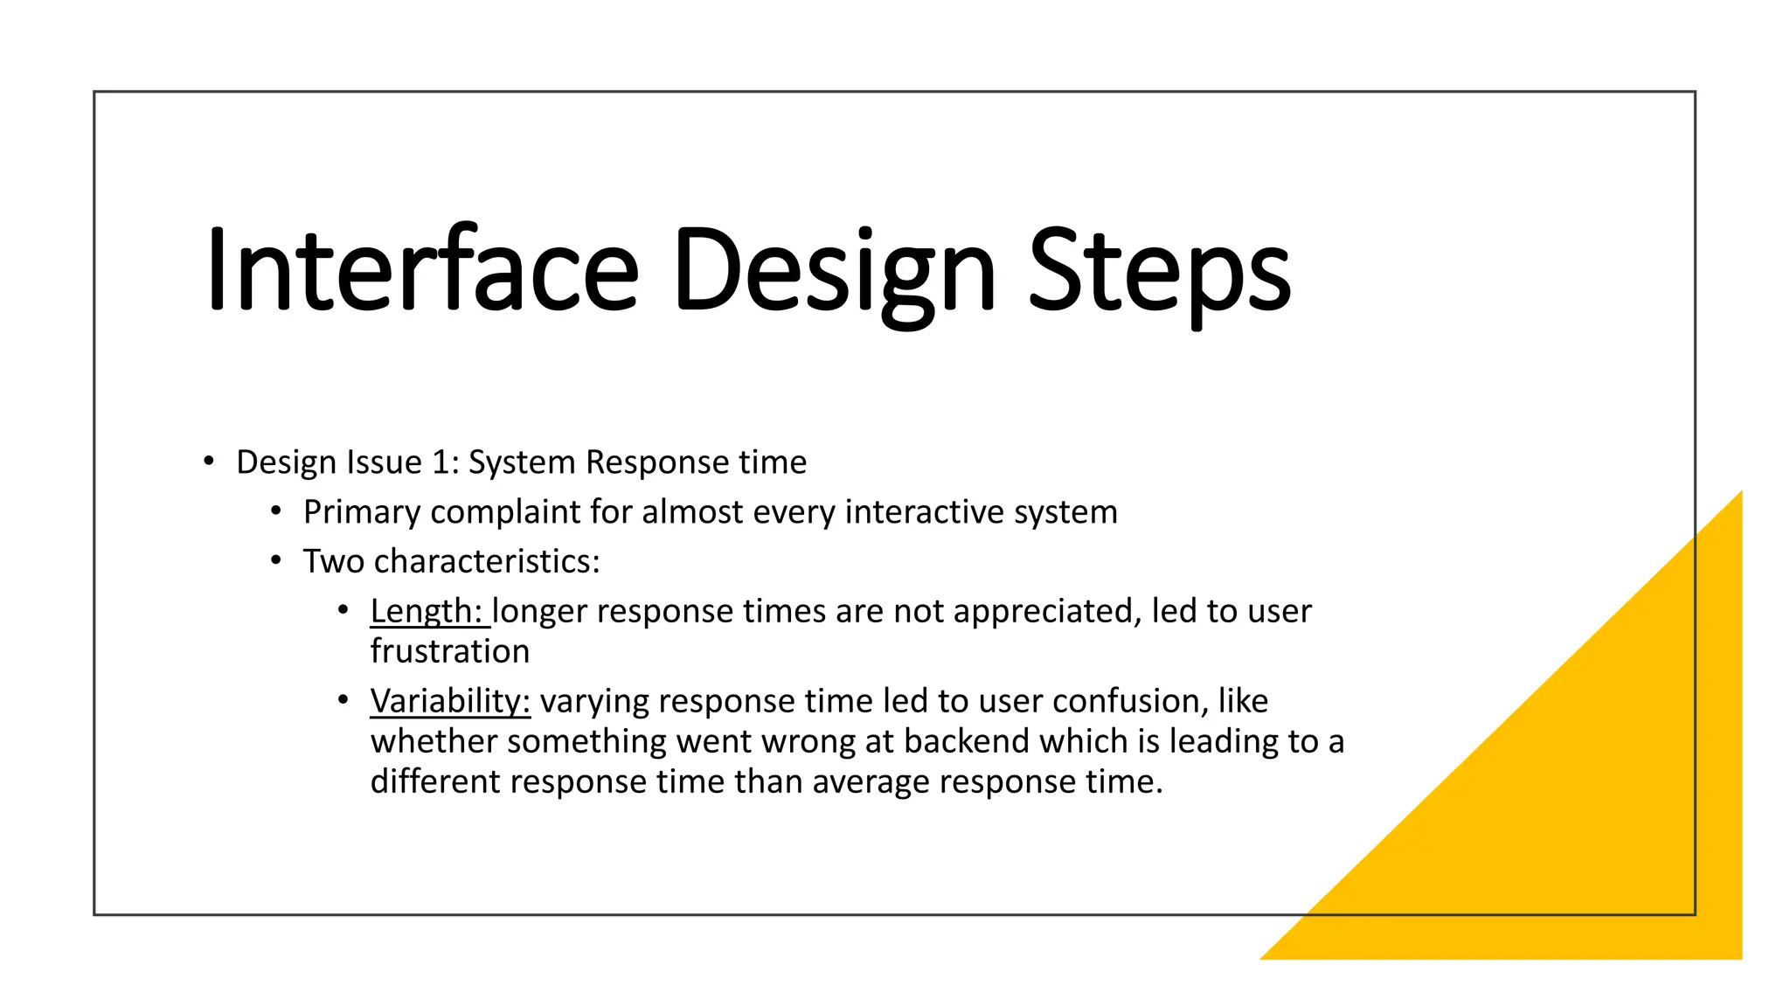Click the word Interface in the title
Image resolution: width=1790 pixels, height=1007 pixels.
coord(422,269)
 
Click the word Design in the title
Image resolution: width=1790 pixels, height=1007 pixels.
coord(834,269)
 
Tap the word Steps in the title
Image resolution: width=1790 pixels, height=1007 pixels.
coord(1159,269)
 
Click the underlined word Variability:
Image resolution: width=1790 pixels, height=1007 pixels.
coord(450,701)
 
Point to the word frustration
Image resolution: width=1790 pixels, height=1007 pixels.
coord(450,652)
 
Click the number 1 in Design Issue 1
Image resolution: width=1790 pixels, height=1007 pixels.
coord(441,462)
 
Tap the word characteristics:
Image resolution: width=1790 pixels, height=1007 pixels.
coord(487,562)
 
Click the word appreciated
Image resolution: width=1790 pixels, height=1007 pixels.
coord(1047,611)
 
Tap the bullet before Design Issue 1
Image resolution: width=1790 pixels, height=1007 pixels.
coord(208,462)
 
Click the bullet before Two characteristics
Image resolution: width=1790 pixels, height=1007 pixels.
coord(275,560)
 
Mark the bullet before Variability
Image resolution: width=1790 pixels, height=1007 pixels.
coord(343,700)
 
